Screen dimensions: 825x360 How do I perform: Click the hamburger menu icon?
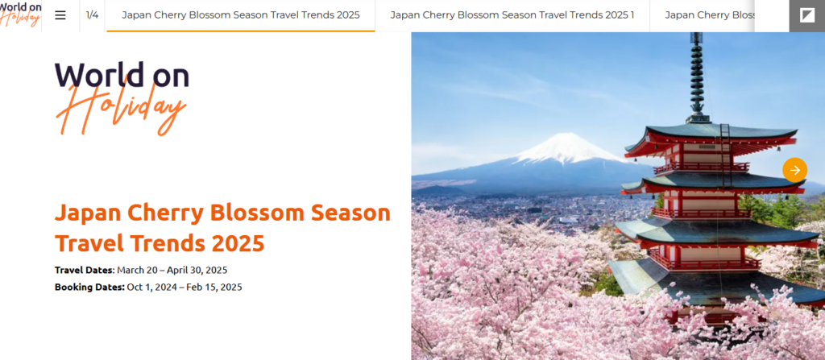coord(60,15)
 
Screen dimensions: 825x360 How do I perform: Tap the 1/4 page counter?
coord(92,14)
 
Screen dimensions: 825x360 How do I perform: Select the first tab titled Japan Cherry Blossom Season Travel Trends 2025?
coord(241,14)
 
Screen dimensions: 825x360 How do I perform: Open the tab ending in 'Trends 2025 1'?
coord(512,14)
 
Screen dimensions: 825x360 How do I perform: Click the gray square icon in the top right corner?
coord(807,16)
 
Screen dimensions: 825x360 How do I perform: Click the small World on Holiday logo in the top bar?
coord(20,14)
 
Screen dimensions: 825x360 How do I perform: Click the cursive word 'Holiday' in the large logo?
coord(121,110)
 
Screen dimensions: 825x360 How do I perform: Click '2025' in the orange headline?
coord(238,243)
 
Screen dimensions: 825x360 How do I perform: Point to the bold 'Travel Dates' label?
coord(84,270)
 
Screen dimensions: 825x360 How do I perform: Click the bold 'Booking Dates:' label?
coord(90,288)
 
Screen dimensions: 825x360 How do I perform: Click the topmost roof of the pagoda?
coord(711,134)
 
